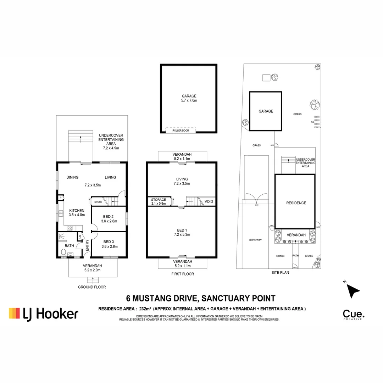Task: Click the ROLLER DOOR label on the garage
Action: [181, 131]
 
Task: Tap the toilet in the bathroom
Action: [63, 252]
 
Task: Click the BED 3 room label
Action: [109, 242]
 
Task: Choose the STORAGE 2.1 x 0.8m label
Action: [159, 201]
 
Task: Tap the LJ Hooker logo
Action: [43, 313]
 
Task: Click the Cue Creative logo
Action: [353, 315]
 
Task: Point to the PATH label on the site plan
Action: [295, 256]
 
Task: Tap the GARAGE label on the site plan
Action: [266, 111]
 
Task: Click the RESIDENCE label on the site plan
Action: [296, 203]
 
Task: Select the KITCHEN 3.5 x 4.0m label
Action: [77, 212]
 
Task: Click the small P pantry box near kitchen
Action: [61, 198]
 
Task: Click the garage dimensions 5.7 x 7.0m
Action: [189, 101]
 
